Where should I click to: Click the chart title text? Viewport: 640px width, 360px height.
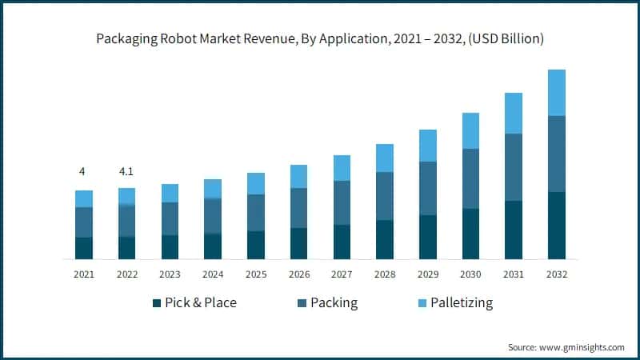319,38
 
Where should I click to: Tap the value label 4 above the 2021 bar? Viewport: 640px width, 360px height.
82,172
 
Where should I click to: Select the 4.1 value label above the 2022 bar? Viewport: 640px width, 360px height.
126,172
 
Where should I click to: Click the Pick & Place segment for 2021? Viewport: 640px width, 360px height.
84,248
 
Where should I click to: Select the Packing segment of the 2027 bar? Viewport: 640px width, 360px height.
342,202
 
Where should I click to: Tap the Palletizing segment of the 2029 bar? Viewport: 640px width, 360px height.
428,146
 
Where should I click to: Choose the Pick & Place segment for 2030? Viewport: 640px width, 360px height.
471,234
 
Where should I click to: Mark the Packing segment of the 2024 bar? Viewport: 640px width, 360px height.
213,216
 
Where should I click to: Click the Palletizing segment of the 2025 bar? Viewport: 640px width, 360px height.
256,183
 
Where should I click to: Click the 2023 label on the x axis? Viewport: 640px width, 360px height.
170,274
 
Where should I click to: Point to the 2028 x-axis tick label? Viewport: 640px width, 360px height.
385,274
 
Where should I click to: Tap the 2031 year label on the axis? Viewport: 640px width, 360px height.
514,274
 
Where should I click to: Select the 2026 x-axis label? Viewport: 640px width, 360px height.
298,274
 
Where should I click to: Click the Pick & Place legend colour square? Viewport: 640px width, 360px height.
156,303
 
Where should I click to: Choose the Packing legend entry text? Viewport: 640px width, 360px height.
334,303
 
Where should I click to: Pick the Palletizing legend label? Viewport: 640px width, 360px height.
461,303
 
